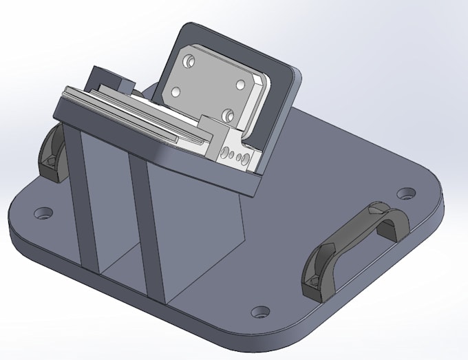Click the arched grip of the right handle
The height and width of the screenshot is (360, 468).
tap(358, 231)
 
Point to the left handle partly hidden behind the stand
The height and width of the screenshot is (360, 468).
tap(53, 150)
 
